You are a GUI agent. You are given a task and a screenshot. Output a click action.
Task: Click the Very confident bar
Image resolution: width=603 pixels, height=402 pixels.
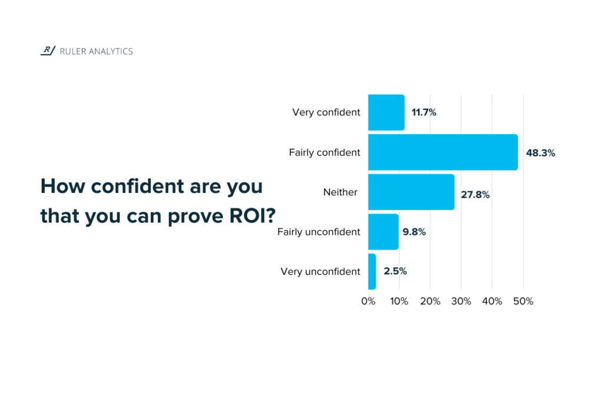click(x=386, y=112)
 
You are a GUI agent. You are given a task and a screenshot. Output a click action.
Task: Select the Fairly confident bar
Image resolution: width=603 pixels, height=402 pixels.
click(x=443, y=152)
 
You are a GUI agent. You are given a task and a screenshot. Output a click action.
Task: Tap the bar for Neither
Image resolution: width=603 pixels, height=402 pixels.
click(x=411, y=192)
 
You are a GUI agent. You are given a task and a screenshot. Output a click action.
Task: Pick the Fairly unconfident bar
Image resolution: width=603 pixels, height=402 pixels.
click(x=383, y=232)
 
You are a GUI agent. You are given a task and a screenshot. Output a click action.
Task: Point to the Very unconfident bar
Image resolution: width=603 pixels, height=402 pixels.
click(x=372, y=271)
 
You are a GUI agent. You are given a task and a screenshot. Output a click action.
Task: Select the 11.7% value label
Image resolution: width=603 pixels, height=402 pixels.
click(x=423, y=112)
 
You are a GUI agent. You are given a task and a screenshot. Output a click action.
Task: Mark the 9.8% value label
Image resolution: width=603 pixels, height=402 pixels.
click(x=414, y=232)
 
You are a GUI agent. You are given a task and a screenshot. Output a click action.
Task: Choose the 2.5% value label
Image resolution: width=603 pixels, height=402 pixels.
click(x=395, y=271)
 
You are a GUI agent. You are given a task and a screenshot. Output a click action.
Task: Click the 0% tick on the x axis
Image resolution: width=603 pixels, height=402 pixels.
click(x=368, y=301)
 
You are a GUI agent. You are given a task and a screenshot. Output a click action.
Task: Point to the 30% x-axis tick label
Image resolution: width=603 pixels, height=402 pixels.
click(x=461, y=301)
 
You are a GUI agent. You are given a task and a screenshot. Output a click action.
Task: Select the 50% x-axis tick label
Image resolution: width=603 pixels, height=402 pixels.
click(x=524, y=301)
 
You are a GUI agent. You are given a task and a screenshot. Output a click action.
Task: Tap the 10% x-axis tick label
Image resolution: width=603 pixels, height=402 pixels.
click(x=399, y=301)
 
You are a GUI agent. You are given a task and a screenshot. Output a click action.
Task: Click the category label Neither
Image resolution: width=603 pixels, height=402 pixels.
click(x=340, y=192)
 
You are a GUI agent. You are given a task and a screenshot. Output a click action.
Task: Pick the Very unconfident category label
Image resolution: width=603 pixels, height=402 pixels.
click(x=320, y=271)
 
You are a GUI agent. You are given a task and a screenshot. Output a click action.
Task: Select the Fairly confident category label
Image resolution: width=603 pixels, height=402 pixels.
click(x=324, y=152)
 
